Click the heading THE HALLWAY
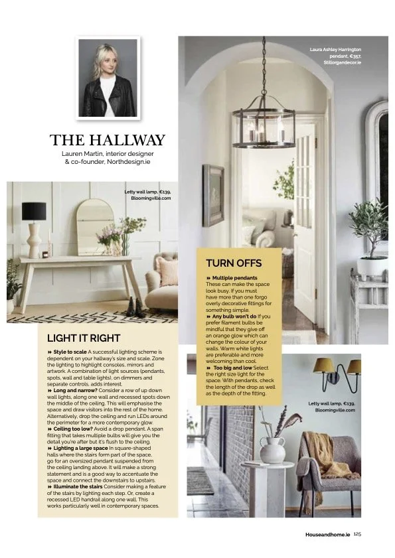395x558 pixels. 107,140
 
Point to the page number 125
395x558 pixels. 357,533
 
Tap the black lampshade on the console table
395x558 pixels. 34,211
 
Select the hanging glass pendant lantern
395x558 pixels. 264,126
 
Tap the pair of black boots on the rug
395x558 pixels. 135,307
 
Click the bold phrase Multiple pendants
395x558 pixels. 235,277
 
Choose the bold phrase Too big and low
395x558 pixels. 232,367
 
